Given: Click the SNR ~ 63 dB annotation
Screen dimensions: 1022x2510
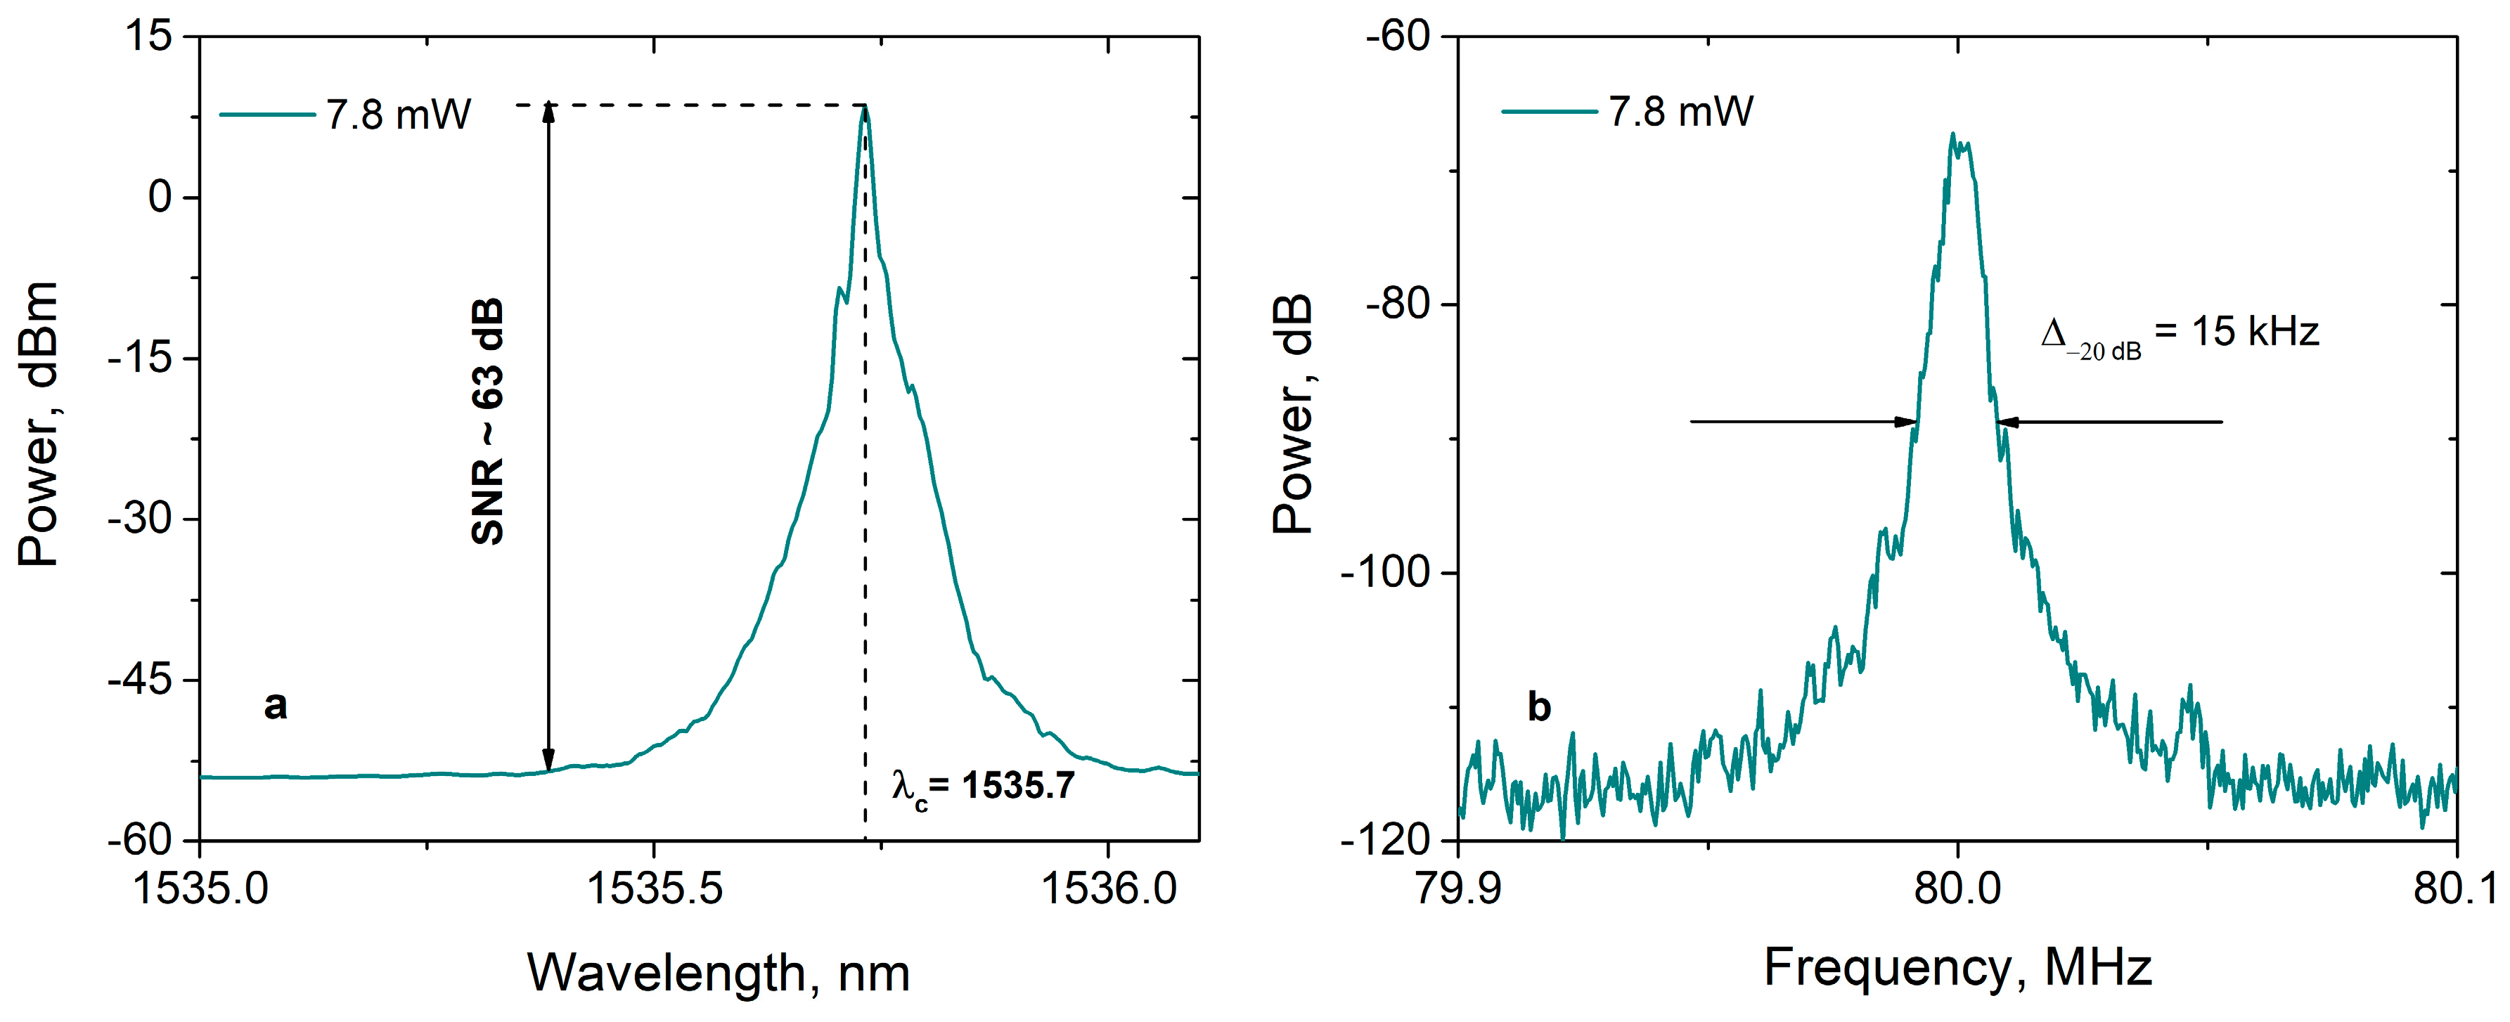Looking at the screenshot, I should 487,421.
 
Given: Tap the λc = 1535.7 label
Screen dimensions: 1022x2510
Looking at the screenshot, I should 982,785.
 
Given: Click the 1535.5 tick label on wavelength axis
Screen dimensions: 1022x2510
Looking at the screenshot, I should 655,888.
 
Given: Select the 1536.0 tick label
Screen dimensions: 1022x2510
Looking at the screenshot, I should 1109,888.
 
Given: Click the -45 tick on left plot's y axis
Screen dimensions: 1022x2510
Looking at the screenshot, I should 139,679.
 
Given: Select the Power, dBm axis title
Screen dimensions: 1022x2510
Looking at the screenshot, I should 39,424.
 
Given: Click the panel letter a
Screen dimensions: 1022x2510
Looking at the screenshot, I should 276,704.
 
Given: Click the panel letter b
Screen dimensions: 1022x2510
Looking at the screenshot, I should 1538,706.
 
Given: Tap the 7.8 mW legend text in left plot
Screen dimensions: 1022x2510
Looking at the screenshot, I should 397,115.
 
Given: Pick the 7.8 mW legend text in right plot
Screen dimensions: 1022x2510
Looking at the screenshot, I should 1680,112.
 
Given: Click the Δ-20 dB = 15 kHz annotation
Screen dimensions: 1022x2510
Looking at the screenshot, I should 2179,334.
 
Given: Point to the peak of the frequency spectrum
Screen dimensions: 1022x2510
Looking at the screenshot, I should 1952,134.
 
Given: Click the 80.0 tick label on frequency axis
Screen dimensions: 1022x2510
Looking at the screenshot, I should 1957,888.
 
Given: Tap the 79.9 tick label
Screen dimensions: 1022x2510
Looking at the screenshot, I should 1457,888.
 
